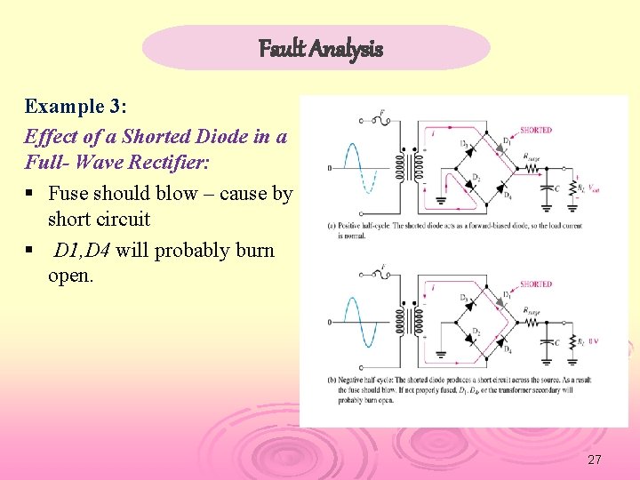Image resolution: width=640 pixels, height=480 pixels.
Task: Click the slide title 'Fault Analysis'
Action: (x=320, y=48)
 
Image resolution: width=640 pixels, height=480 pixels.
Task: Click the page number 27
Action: (x=595, y=460)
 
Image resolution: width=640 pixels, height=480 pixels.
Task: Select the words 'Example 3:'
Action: (x=76, y=107)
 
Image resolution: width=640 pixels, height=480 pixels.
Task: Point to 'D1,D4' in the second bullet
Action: (x=84, y=250)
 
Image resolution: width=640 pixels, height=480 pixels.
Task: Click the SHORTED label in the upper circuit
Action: (x=535, y=130)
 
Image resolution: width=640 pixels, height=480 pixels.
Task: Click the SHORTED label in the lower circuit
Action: (x=535, y=284)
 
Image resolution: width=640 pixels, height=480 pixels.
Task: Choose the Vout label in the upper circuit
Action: (x=594, y=188)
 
